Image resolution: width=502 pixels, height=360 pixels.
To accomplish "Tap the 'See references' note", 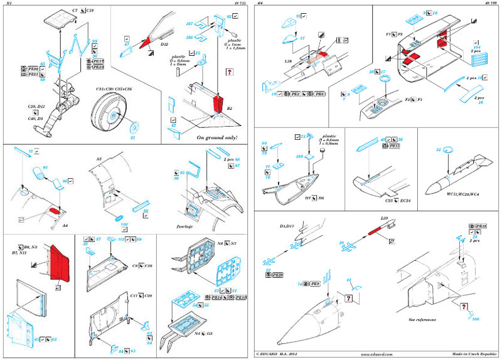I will click(x=422, y=319).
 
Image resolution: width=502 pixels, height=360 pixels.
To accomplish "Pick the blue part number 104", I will click(x=477, y=48).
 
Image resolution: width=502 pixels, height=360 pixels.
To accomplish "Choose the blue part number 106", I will click(x=467, y=318).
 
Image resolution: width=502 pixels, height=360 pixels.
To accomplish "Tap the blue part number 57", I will click(x=302, y=38).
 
